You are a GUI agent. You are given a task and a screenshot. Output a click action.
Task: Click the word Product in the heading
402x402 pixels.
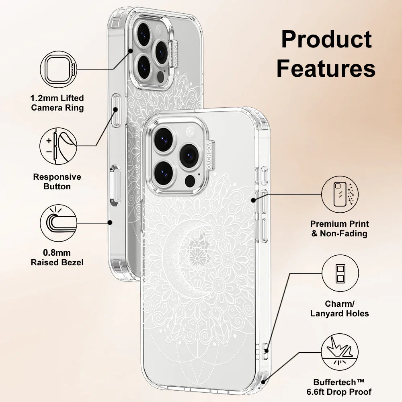pyautogui.click(x=326, y=39)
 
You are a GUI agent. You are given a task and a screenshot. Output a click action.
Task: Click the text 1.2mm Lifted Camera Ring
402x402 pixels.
pyautogui.click(x=57, y=103)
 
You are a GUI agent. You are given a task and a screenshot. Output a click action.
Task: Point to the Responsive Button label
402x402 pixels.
pyautogui.click(x=57, y=182)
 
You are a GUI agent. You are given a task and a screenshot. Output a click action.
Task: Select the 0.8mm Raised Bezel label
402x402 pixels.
pyautogui.click(x=57, y=258)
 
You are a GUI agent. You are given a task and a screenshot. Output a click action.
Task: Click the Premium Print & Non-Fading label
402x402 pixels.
pyautogui.click(x=340, y=228)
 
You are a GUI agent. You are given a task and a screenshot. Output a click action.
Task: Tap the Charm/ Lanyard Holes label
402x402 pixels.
pyautogui.click(x=340, y=309)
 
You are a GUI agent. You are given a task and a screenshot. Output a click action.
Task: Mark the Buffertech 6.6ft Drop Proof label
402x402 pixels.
pyautogui.click(x=343, y=387)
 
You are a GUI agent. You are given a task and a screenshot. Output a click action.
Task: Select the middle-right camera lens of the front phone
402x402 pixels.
pyautogui.click(x=189, y=155)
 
